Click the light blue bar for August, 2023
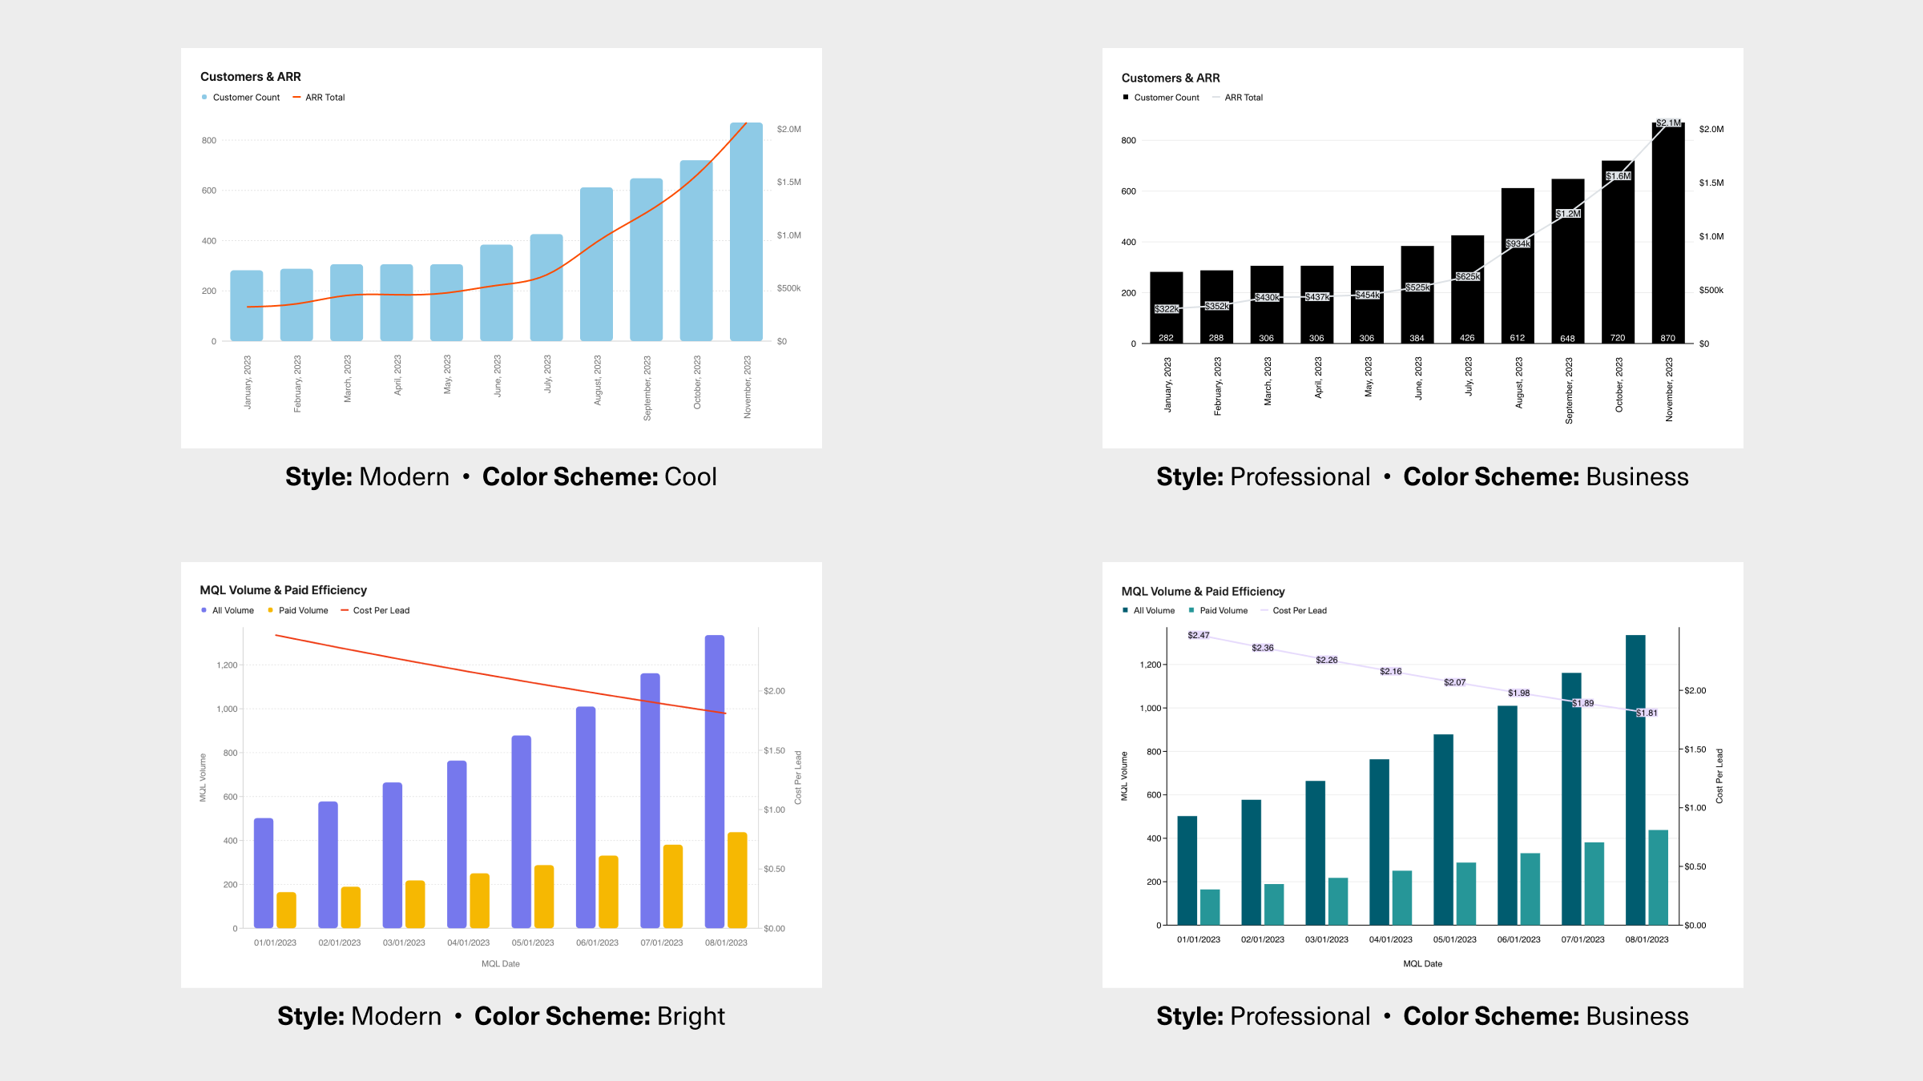click(596, 264)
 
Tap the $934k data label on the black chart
click(1518, 243)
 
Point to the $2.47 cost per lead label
click(1199, 635)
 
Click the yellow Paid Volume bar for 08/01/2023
click(737, 880)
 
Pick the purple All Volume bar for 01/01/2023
click(264, 873)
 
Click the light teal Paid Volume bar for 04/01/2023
click(1402, 898)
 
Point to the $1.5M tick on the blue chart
click(788, 182)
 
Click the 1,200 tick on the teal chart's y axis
click(1150, 665)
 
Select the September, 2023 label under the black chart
click(1568, 390)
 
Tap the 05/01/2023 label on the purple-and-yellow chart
click(533, 942)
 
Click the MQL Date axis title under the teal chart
click(1422, 963)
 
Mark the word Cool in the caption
click(690, 476)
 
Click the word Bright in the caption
click(690, 1016)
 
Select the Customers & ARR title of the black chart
click(1170, 78)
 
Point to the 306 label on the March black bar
click(1266, 338)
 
